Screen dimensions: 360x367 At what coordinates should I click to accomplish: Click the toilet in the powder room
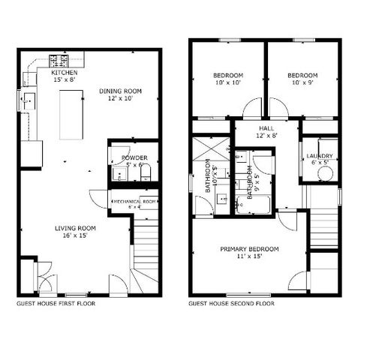[146, 174]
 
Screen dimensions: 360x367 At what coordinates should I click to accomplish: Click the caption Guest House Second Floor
[231, 304]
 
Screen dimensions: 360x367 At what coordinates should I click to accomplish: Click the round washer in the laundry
[324, 172]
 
